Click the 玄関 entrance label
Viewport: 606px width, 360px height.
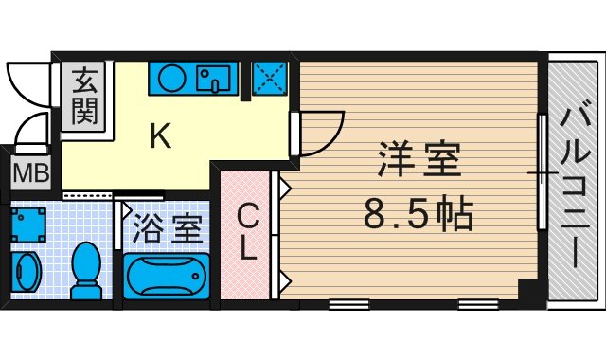coord(83,95)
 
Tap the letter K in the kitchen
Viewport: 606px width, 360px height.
coord(160,137)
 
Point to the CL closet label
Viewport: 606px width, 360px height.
coord(246,233)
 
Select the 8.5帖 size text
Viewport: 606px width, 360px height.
coord(419,217)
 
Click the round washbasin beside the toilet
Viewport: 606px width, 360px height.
coord(27,272)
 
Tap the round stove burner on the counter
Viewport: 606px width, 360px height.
coord(172,78)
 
